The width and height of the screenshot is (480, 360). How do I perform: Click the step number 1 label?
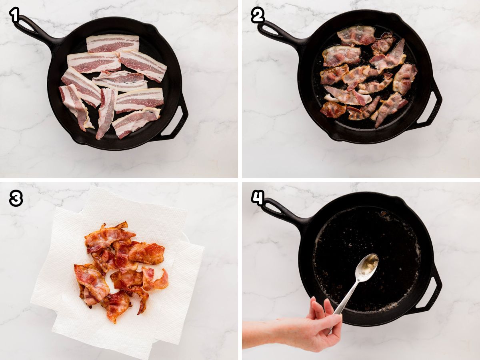pyautogui.click(x=15, y=15)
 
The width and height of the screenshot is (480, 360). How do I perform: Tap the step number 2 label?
pyautogui.click(x=258, y=15)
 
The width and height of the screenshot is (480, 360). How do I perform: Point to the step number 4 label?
pyautogui.click(x=258, y=198)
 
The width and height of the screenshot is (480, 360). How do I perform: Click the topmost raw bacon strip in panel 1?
pyautogui.click(x=113, y=44)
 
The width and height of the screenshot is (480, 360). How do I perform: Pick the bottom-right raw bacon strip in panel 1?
pyautogui.click(x=135, y=122)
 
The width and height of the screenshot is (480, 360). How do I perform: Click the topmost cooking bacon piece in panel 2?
pyautogui.click(x=357, y=35)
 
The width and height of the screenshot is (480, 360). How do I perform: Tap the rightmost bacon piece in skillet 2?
pyautogui.click(x=405, y=78)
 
